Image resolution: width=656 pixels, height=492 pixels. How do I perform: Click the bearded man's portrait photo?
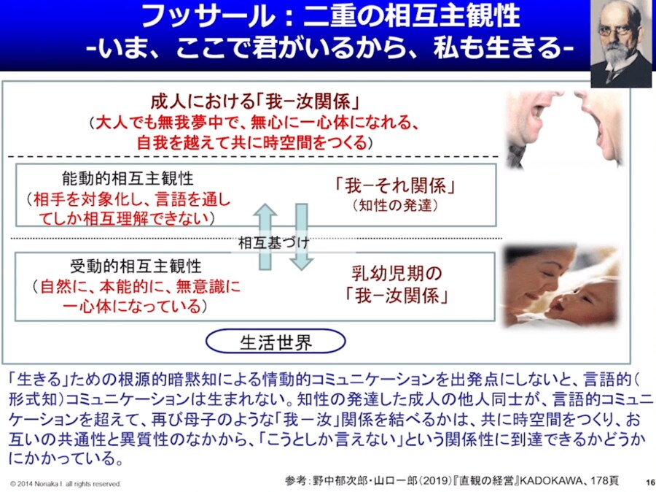click(621, 43)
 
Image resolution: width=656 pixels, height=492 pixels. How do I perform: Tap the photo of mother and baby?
click(561, 286)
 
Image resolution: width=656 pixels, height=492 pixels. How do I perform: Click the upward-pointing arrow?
click(265, 237)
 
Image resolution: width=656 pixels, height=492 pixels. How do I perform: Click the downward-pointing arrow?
click(301, 237)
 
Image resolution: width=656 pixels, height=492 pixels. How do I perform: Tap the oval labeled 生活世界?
click(276, 342)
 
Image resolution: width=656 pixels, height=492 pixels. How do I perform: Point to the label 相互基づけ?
click(274, 242)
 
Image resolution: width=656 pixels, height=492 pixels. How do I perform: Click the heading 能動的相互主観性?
click(127, 179)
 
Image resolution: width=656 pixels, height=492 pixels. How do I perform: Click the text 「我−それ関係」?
click(395, 185)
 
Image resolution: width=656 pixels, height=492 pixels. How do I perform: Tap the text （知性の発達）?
click(395, 205)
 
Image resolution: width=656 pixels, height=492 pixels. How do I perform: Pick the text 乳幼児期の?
click(397, 274)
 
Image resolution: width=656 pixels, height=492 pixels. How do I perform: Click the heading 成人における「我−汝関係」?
click(255, 101)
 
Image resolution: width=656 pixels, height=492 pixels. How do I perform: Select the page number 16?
click(650, 483)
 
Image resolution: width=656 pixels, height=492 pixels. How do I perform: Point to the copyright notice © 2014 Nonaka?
click(66, 484)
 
